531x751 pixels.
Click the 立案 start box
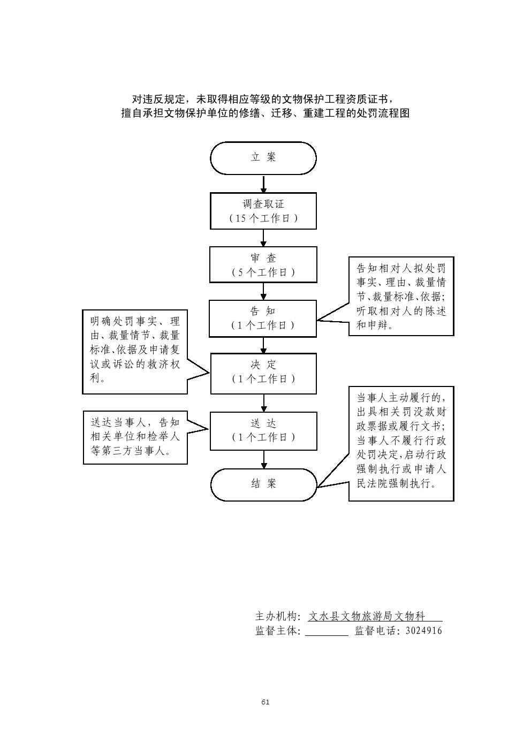tap(263, 158)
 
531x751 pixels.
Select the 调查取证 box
tap(263, 211)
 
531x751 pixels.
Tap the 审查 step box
tap(263, 264)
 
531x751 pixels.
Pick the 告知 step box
tap(263, 318)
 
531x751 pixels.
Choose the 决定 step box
tap(263, 373)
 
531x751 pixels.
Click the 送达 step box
tap(263, 430)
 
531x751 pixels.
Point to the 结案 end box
tap(263, 484)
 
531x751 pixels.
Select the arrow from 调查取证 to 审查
tap(263, 238)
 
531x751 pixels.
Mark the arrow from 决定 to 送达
tap(263, 403)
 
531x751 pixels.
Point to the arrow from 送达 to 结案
tap(263, 459)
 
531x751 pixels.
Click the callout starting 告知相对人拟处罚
tap(401, 296)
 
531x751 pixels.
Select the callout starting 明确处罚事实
tap(135, 351)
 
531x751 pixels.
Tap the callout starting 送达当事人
tap(135, 437)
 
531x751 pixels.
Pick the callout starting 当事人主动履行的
tap(401, 443)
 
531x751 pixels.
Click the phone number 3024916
tap(424, 631)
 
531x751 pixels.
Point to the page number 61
tap(265, 702)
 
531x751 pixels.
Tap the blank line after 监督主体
tap(327, 632)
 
